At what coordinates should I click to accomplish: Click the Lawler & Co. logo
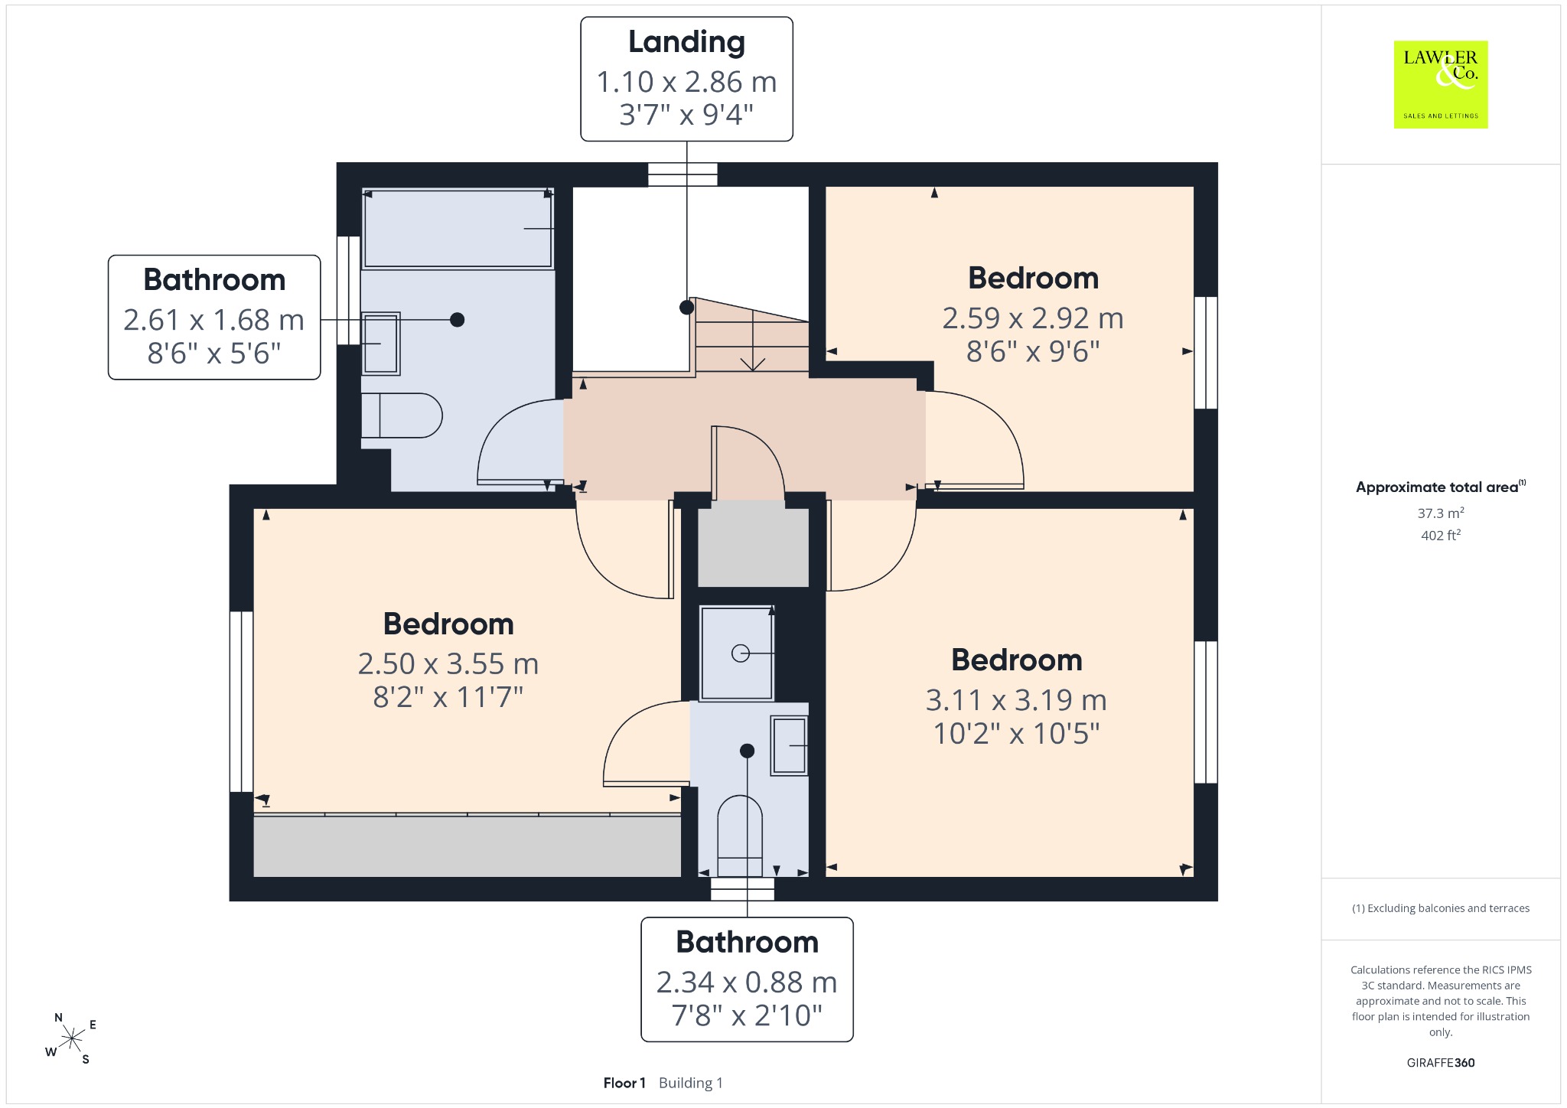[x=1440, y=84]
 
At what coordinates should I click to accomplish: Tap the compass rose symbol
[x=72, y=1038]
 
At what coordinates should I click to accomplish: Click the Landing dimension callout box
[x=686, y=79]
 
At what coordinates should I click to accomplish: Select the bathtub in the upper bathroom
[x=458, y=229]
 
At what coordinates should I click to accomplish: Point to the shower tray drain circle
[x=740, y=653]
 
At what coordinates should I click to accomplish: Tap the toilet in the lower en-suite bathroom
[x=740, y=836]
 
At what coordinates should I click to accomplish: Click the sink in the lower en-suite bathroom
[x=789, y=745]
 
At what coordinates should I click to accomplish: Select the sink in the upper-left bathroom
[x=380, y=344]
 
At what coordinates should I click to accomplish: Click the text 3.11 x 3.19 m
[x=1016, y=699]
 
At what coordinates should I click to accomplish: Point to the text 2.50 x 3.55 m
[x=448, y=663]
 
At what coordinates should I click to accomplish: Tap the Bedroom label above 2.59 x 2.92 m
[x=1033, y=278]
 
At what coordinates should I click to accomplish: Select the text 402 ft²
[x=1440, y=535]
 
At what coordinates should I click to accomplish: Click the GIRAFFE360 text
[x=1440, y=1062]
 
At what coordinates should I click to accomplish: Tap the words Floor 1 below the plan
[x=624, y=1083]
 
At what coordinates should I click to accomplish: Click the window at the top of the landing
[x=683, y=174]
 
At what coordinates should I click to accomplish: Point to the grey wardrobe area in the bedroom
[x=467, y=846]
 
